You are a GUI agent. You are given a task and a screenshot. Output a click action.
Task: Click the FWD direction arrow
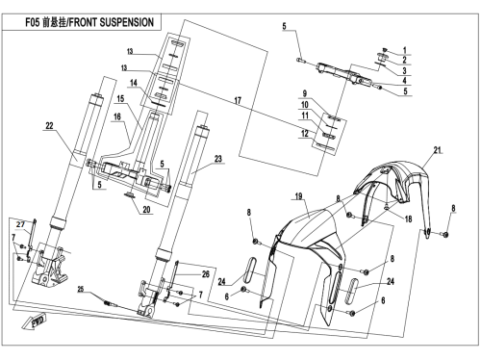[35, 321]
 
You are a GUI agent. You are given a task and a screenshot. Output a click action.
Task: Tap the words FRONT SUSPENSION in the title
[112, 22]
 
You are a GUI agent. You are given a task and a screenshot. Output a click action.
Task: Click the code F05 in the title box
[33, 22]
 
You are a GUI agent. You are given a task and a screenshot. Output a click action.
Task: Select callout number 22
[49, 125]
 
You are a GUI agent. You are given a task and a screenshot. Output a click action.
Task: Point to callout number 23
[218, 159]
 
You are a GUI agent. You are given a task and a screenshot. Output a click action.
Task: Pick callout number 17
[238, 101]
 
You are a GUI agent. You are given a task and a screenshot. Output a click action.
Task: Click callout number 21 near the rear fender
[438, 150]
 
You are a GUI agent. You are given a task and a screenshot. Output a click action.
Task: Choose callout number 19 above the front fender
[298, 195]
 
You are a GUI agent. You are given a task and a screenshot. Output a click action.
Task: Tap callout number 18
[408, 219]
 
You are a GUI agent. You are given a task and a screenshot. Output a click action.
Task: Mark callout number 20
[146, 210]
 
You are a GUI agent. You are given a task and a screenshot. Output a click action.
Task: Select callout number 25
[81, 290]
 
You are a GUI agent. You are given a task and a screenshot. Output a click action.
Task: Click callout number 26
[206, 273]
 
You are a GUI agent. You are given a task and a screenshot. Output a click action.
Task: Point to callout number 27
[20, 224]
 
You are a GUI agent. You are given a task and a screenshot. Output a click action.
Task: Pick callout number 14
[134, 83]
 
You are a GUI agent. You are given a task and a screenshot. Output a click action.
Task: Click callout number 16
[117, 116]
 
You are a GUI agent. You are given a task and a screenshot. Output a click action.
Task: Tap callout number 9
[305, 93]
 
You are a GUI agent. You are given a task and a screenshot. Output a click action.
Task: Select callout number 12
[305, 133]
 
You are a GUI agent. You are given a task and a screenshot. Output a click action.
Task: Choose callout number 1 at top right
[405, 50]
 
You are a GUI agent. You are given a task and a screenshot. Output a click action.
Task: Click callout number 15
[120, 98]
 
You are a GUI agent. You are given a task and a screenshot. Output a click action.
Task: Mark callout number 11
[305, 116]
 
